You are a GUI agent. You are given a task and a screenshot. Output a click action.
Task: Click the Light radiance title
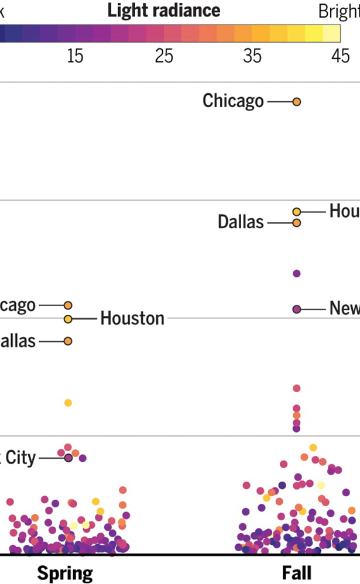click(164, 11)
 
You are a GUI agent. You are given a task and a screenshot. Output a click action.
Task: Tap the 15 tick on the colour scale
click(75, 56)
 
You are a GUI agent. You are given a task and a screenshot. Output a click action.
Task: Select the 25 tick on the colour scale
click(164, 56)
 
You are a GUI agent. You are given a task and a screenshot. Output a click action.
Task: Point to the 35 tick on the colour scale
click(253, 56)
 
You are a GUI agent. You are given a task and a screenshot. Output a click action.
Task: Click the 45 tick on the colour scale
click(341, 56)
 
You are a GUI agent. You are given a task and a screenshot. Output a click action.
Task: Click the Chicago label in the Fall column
click(233, 101)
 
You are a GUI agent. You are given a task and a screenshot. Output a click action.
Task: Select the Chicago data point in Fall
click(296, 102)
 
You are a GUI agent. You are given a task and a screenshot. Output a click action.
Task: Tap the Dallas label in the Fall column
click(241, 222)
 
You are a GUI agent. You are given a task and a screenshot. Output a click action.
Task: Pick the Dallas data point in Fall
click(296, 222)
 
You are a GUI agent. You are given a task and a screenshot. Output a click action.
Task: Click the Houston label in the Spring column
click(132, 318)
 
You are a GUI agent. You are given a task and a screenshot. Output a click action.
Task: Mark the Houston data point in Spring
click(68, 319)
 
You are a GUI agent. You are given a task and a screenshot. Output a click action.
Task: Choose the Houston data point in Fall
click(296, 211)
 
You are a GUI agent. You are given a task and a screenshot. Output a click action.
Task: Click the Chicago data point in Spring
click(68, 305)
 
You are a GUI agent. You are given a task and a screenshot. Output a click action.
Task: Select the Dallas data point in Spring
click(68, 341)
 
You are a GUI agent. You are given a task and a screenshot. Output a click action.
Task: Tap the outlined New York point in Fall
click(296, 309)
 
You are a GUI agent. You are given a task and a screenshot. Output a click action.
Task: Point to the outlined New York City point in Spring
click(68, 458)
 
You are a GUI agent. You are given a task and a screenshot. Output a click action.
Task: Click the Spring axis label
click(65, 572)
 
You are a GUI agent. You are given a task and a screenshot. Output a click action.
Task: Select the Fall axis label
click(297, 572)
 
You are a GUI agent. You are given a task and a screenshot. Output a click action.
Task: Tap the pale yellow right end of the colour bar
click(334, 34)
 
